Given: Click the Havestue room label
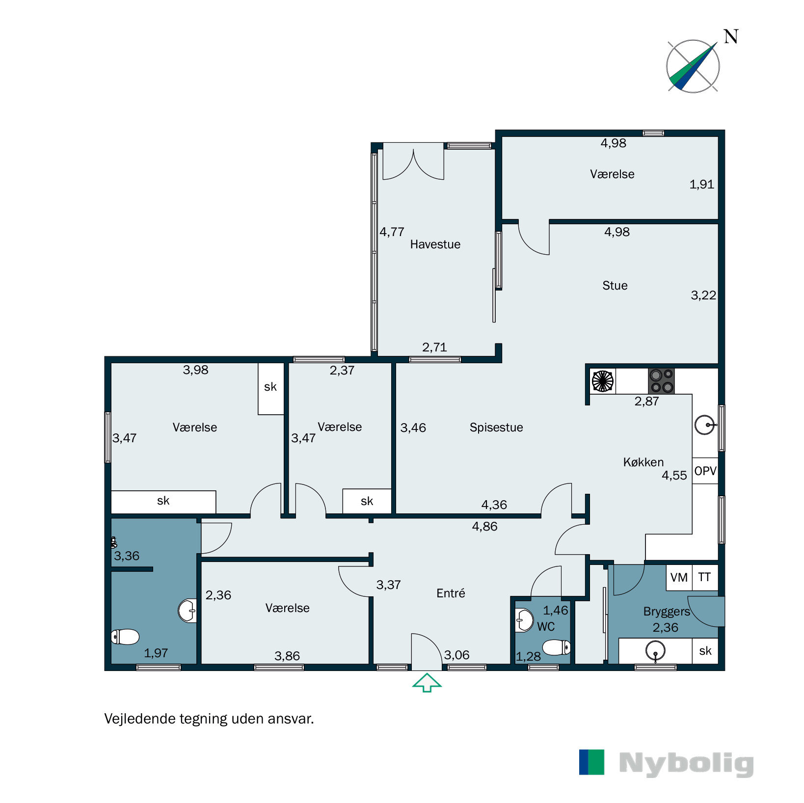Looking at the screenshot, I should (x=435, y=244).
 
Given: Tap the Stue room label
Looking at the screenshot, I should (x=615, y=286).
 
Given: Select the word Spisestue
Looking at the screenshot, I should (x=496, y=428).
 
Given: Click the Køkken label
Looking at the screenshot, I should (x=643, y=462).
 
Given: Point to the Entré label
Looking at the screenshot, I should (x=450, y=593).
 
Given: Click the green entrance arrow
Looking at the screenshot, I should (x=427, y=682).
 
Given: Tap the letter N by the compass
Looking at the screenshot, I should (x=731, y=37).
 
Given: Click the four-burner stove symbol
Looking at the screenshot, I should (x=661, y=381).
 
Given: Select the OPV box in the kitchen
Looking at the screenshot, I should (x=705, y=471).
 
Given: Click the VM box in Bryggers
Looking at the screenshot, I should (x=679, y=578).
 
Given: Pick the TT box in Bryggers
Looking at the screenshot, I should (x=704, y=578).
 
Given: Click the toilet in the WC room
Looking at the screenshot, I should (x=556, y=647).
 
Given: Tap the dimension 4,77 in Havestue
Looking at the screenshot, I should (x=392, y=232).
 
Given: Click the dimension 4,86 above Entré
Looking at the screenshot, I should (x=484, y=527).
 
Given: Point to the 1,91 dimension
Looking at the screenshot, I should (x=701, y=185).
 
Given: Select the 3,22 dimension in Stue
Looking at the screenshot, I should (x=703, y=295).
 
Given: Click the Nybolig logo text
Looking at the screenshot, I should (x=686, y=763).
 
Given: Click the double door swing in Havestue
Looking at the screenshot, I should (x=413, y=164).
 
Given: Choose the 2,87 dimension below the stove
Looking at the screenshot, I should (x=646, y=401).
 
